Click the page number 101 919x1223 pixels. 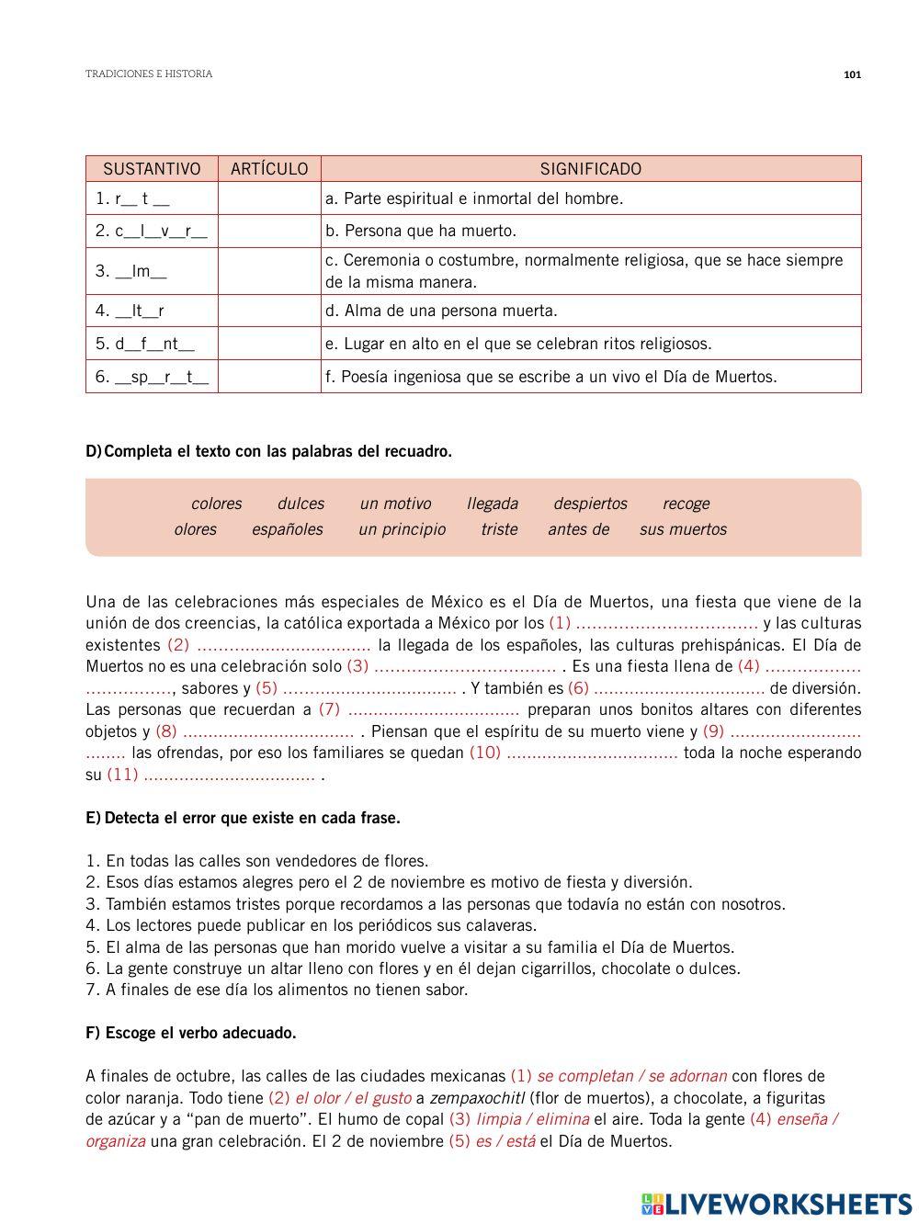click(851, 74)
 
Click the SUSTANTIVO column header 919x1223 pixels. click(152, 169)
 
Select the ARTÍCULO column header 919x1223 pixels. click(269, 169)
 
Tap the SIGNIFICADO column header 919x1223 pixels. click(590, 169)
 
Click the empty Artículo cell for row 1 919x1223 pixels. click(269, 198)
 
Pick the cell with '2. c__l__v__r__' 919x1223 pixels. click(152, 231)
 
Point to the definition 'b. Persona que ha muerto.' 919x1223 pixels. click(421, 231)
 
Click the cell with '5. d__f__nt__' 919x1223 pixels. click(145, 344)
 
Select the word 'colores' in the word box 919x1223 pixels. click(216, 504)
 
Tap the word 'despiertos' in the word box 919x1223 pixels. click(590, 504)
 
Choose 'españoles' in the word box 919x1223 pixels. click(288, 529)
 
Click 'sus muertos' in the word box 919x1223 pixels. click(683, 529)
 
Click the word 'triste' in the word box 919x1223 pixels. click(499, 529)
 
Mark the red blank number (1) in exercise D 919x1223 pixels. click(560, 624)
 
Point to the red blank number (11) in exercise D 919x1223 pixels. click(122, 775)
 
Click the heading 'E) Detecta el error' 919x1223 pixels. click(243, 818)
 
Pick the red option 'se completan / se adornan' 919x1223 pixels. click(631, 1076)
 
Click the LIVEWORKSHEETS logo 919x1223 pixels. click(777, 1204)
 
